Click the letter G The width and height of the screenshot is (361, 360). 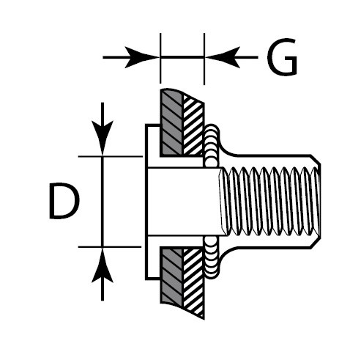283,56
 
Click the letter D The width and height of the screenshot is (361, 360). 64,200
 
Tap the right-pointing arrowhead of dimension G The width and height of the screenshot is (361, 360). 141,57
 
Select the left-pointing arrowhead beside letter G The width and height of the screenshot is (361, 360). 223,57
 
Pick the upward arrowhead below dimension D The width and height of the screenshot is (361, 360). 103,265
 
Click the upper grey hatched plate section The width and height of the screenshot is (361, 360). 171,122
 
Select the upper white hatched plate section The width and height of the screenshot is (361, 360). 193,126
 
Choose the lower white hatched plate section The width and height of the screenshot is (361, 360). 193,281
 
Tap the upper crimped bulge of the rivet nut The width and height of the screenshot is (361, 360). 212,146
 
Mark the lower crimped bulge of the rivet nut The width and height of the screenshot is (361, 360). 212,258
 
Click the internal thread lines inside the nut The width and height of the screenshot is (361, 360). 269,202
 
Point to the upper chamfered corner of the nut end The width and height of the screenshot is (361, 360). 316,160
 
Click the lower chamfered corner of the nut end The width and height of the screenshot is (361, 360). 316,243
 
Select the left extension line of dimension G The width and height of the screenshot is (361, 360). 160,58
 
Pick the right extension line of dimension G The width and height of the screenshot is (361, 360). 204,59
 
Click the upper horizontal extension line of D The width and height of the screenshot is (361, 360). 111,156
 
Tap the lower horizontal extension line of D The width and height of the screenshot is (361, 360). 110,247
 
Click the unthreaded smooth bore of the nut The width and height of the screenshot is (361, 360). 183,202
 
